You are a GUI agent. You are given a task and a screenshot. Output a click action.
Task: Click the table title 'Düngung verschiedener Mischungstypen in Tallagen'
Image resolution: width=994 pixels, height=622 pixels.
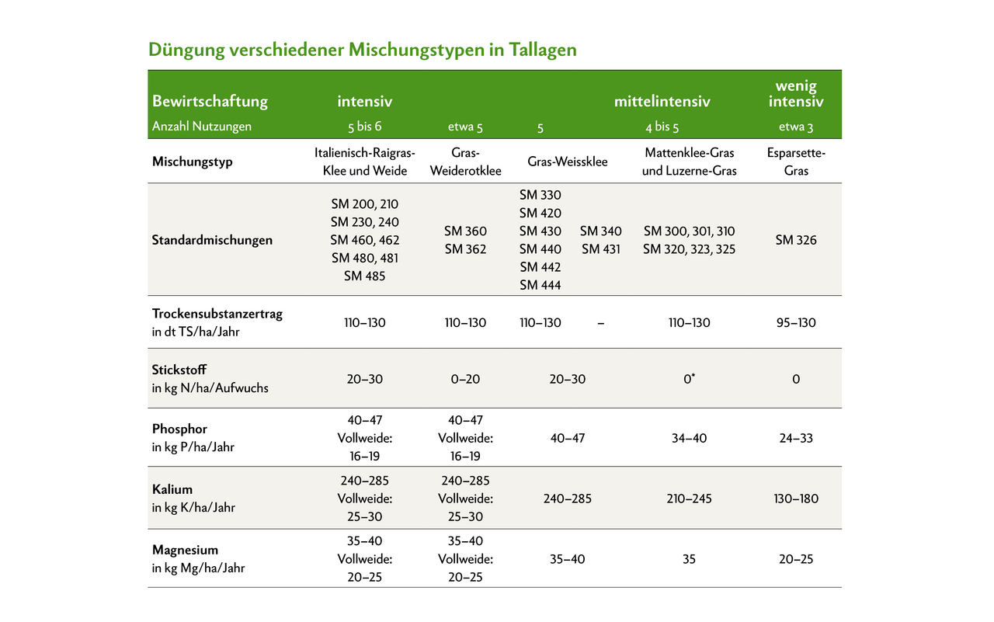click(x=363, y=50)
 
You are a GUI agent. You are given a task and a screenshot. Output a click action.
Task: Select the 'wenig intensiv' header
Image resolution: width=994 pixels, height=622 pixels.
click(x=796, y=94)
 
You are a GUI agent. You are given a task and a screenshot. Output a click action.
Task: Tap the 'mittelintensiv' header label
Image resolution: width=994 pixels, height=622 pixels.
click(x=662, y=102)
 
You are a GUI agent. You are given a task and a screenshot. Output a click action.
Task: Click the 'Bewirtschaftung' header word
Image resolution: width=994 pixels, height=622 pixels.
click(x=210, y=101)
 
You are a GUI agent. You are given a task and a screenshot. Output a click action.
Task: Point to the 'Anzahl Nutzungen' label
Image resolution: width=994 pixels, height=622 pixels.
click(x=202, y=127)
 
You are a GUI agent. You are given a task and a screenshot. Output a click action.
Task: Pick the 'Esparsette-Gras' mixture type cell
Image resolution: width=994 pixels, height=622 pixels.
click(x=796, y=162)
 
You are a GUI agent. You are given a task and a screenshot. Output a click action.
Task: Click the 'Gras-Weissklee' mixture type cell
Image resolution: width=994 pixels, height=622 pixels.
click(x=568, y=162)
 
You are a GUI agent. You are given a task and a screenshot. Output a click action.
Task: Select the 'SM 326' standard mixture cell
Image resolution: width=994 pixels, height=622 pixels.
click(x=796, y=240)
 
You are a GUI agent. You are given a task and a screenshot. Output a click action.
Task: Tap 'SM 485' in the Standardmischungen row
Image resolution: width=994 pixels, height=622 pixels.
click(x=364, y=276)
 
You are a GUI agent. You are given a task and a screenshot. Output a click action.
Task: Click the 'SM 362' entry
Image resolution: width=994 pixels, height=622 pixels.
click(x=465, y=249)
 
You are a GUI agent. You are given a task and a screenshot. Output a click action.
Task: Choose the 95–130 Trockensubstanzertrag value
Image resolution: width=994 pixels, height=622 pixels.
click(x=796, y=322)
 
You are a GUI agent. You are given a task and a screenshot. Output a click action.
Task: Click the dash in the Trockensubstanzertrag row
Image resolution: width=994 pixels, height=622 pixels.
click(x=600, y=322)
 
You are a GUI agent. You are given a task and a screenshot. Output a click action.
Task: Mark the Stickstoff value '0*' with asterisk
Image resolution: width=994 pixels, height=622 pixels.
click(x=689, y=379)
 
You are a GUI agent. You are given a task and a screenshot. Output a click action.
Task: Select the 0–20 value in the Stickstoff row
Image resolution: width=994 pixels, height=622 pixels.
click(x=465, y=379)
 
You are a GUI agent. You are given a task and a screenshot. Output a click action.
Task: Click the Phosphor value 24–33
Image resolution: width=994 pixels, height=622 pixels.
click(x=796, y=438)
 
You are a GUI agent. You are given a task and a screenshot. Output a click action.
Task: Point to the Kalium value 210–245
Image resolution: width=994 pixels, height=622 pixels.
click(x=689, y=499)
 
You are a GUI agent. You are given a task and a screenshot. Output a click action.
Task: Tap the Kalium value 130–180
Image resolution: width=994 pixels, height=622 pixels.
click(x=796, y=499)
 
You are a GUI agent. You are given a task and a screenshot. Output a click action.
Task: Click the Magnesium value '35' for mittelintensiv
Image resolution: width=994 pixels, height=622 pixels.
click(x=689, y=559)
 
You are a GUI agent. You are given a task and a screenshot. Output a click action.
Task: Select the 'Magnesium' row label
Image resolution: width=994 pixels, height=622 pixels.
click(x=185, y=551)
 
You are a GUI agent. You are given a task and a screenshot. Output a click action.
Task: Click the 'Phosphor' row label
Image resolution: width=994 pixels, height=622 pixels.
click(x=179, y=429)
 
